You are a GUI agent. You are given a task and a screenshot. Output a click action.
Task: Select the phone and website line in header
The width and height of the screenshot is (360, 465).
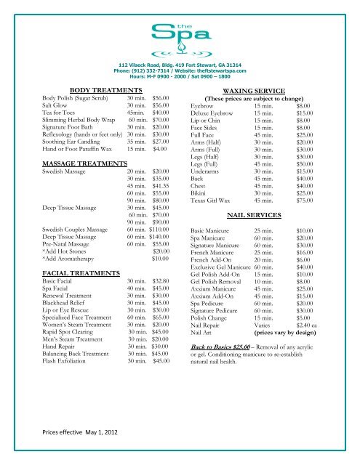click(x=180, y=69)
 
